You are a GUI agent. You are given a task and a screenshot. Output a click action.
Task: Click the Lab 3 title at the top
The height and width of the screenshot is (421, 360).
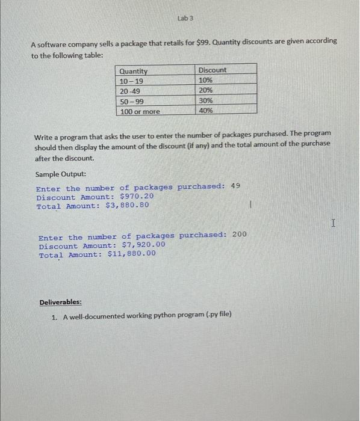(x=184, y=19)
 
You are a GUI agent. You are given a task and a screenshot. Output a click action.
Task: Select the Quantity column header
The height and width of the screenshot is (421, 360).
(x=134, y=71)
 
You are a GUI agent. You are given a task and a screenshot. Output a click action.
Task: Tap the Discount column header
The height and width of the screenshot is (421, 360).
(x=213, y=70)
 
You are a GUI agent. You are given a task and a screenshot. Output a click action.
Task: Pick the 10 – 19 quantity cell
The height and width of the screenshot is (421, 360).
(x=132, y=81)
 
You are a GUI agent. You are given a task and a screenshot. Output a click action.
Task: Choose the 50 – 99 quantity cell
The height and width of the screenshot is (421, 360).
(x=132, y=101)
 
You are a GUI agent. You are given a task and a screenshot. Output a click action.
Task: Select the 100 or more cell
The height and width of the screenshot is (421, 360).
(x=140, y=111)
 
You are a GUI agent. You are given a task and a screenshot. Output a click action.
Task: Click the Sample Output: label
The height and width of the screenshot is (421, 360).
(x=60, y=174)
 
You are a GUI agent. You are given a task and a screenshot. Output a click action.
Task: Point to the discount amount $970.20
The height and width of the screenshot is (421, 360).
(x=137, y=197)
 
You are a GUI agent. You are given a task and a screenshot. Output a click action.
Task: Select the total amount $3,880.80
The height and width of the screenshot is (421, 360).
(x=128, y=206)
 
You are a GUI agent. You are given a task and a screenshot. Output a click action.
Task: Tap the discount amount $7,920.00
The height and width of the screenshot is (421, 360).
(x=143, y=245)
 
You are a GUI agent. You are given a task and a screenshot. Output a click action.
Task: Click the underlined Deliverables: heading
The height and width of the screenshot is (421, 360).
(x=61, y=302)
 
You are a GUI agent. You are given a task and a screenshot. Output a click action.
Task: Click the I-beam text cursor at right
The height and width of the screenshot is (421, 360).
(x=334, y=224)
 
